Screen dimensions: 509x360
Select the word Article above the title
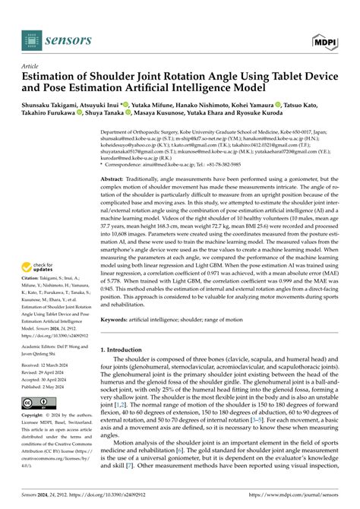point(32,66)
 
